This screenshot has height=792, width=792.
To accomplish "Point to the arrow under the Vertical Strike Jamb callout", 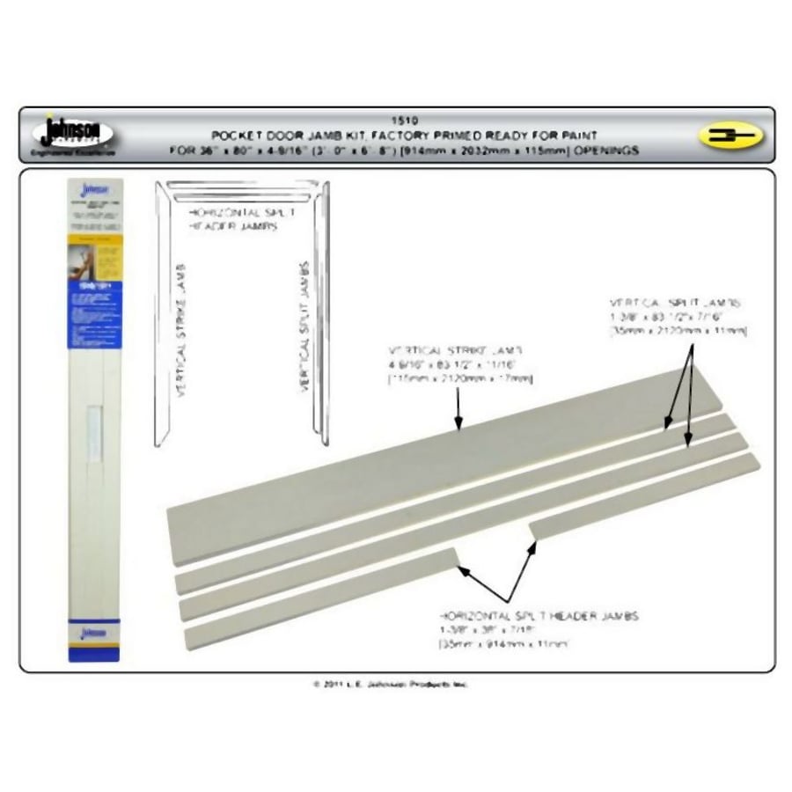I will click(458, 409).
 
